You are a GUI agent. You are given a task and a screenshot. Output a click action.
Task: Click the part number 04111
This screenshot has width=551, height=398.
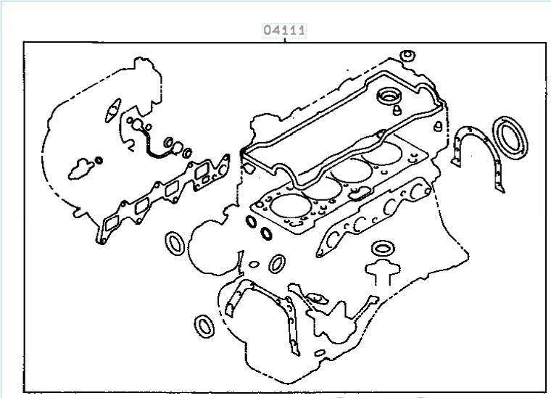[284, 30]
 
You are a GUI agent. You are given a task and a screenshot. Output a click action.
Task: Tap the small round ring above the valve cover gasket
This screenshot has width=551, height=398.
[407, 56]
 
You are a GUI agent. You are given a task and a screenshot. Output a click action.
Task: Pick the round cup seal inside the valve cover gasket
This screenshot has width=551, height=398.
[389, 96]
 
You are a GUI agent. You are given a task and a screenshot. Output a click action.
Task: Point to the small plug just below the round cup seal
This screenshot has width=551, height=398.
[397, 110]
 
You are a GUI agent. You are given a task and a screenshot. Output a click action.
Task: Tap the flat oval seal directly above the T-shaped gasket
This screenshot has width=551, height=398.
[383, 249]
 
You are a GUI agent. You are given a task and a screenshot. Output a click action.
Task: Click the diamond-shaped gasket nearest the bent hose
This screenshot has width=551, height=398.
[113, 110]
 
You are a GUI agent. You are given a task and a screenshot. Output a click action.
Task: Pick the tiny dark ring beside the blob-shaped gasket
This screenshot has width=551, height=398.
[99, 160]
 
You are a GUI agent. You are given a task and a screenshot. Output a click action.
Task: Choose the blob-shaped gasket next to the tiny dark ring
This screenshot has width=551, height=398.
[80, 170]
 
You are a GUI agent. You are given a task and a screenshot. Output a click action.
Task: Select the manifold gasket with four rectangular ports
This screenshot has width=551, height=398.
[162, 197]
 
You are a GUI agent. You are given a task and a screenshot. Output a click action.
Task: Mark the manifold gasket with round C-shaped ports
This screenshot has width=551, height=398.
[373, 216]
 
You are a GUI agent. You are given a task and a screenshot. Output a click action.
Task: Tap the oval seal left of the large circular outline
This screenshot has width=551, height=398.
[175, 243]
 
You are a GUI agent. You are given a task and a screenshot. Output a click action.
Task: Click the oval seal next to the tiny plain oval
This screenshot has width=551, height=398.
[277, 264]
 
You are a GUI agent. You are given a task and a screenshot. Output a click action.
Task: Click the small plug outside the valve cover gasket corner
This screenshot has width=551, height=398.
[438, 126]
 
